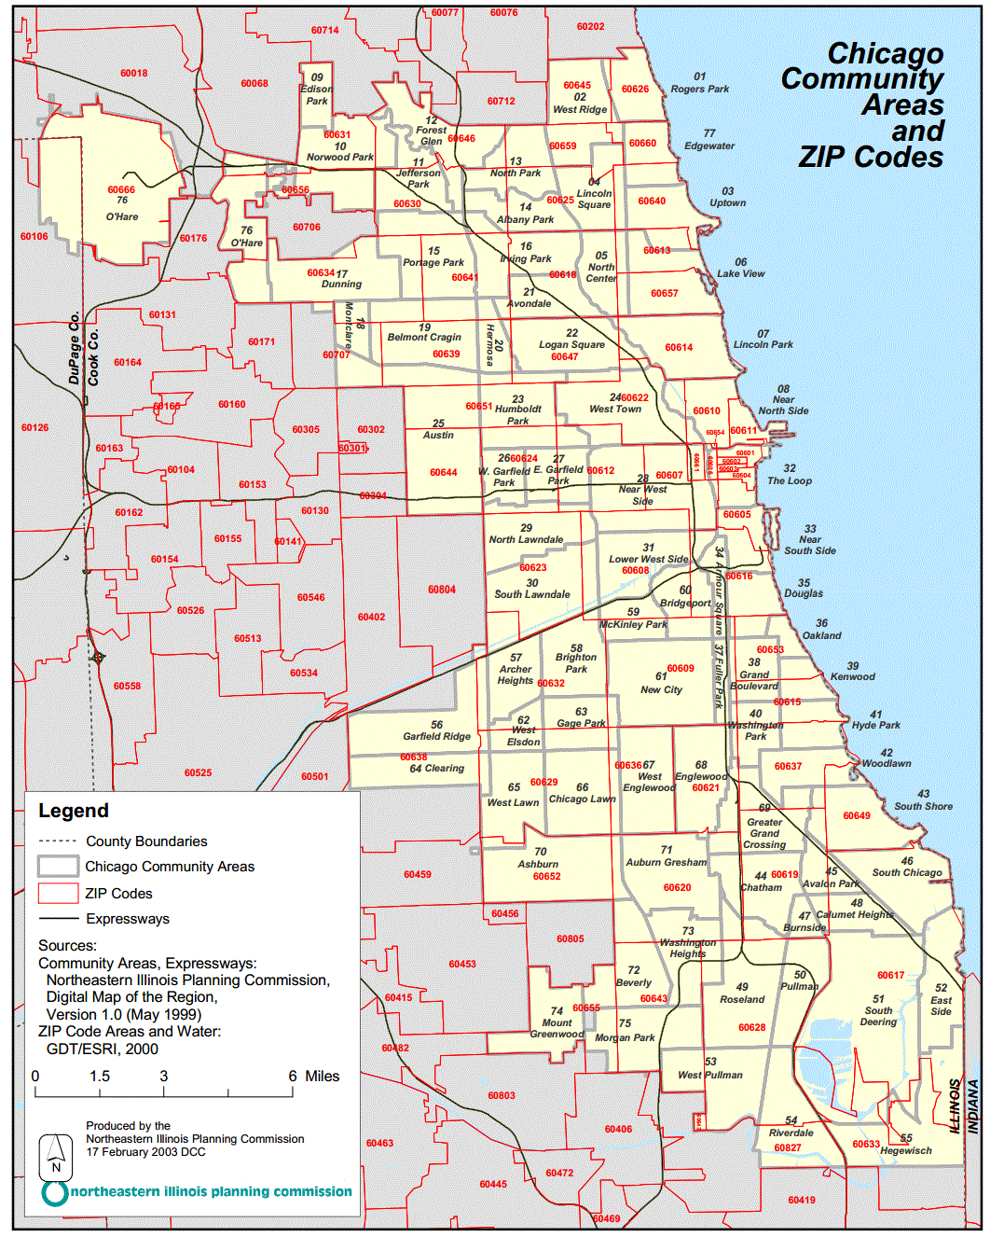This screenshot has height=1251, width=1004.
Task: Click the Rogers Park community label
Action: pos(699,89)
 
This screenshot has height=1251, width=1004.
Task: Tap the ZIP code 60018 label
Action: pos(133,73)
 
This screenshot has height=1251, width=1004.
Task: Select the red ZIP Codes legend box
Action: pos(58,893)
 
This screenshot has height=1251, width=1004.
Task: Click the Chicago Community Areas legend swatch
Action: pos(58,866)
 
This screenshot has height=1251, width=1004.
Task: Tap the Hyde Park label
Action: pos(876,725)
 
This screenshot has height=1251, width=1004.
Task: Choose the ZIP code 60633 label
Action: pos(866,1144)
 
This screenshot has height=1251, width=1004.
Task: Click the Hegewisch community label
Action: pos(906,1150)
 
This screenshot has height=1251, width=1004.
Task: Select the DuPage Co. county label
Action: pos(75,347)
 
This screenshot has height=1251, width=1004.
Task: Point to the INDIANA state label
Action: pos(973,1106)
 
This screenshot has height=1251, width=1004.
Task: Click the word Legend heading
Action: pos(74,811)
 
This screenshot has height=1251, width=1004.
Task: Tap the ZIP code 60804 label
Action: pos(442,590)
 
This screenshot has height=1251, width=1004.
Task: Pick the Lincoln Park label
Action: pos(763,344)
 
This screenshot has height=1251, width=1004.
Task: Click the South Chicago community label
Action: pos(907,872)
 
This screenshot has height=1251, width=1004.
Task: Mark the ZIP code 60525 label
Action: pos(198,772)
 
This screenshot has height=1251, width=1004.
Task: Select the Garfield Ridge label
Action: pos(436,736)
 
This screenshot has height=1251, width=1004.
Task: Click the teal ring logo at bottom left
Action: pos(55,1192)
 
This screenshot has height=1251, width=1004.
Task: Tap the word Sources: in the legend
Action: pos(67,945)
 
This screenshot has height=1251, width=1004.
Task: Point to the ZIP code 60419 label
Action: pos(802,1200)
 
